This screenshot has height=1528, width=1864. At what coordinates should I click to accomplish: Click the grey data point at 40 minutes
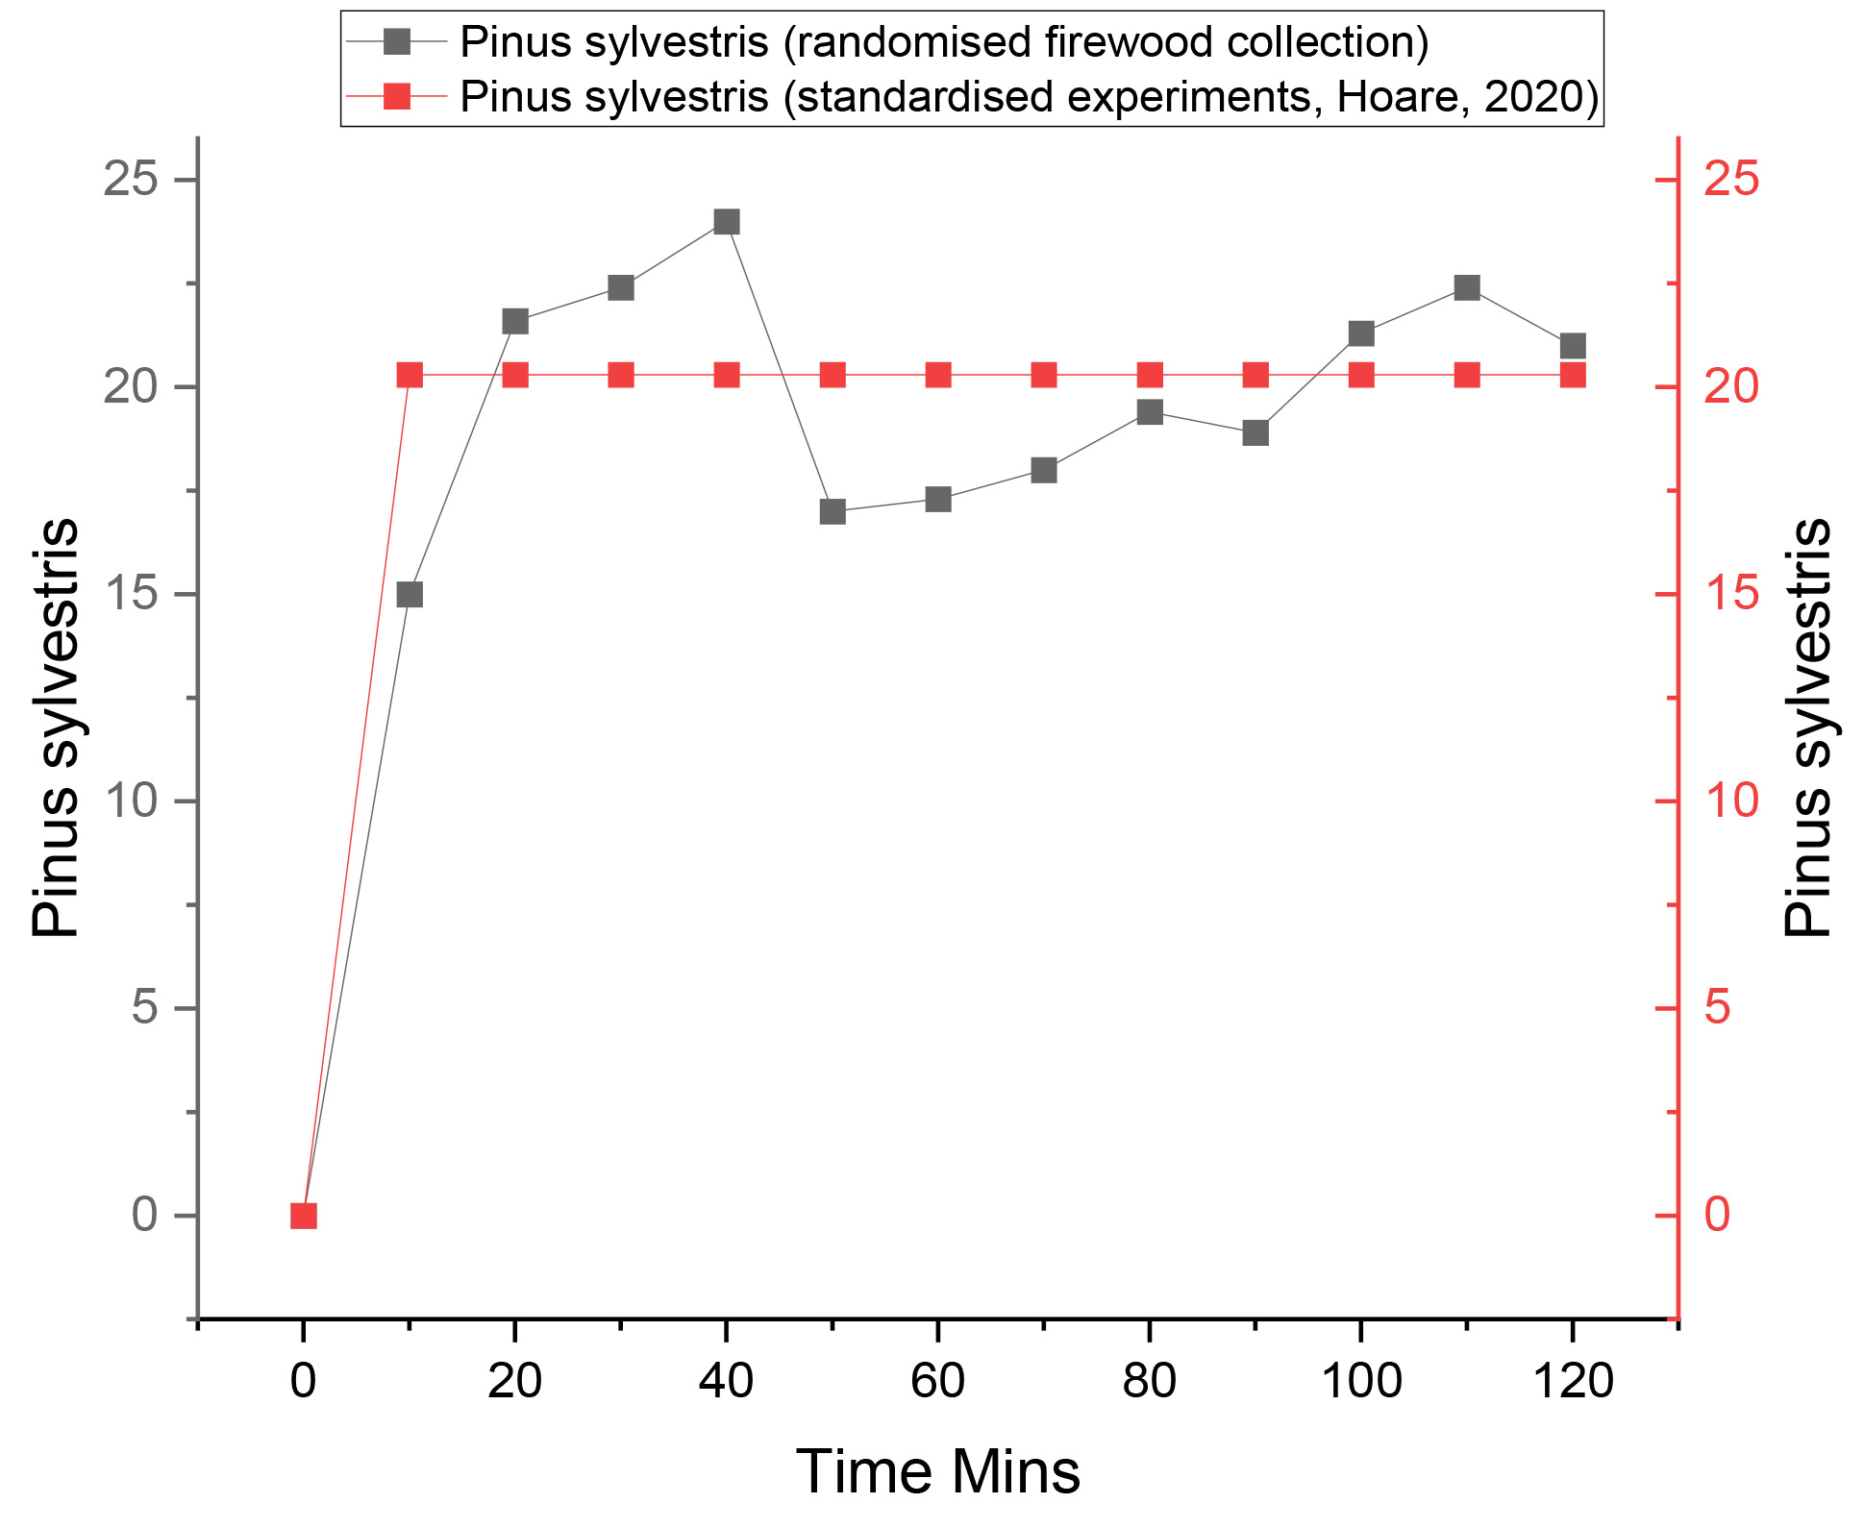tap(727, 222)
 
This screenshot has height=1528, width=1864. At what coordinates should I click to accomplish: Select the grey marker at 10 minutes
tap(410, 595)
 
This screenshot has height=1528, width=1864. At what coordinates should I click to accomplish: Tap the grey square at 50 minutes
tap(833, 511)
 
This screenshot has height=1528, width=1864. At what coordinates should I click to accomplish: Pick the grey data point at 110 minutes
tap(1467, 287)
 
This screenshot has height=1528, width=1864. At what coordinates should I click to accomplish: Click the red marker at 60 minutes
tap(938, 375)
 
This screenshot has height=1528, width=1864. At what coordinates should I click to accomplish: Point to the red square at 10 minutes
tap(410, 375)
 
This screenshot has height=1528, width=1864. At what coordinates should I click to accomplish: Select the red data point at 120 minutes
tap(1573, 375)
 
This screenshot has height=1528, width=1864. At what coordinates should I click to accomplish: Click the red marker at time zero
tap(304, 1216)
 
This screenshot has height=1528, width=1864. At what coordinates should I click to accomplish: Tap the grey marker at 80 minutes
tap(1150, 412)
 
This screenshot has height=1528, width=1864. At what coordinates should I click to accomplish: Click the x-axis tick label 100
tap(1361, 1382)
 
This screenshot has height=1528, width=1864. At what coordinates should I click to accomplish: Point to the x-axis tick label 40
tap(727, 1382)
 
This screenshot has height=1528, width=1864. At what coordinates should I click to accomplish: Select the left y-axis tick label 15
tap(131, 594)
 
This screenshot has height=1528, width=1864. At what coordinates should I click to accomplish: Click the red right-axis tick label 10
tap(1731, 801)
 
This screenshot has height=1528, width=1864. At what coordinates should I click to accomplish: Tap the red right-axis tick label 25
tap(1731, 180)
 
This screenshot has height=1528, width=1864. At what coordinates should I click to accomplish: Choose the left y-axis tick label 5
tap(145, 1008)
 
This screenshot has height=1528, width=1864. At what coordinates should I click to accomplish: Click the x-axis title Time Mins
tap(938, 1471)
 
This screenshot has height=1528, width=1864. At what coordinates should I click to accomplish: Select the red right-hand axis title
tap(1807, 727)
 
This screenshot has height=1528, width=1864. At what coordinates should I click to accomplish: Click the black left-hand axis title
tap(55, 727)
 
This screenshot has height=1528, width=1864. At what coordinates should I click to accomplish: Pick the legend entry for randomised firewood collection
tap(944, 41)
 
